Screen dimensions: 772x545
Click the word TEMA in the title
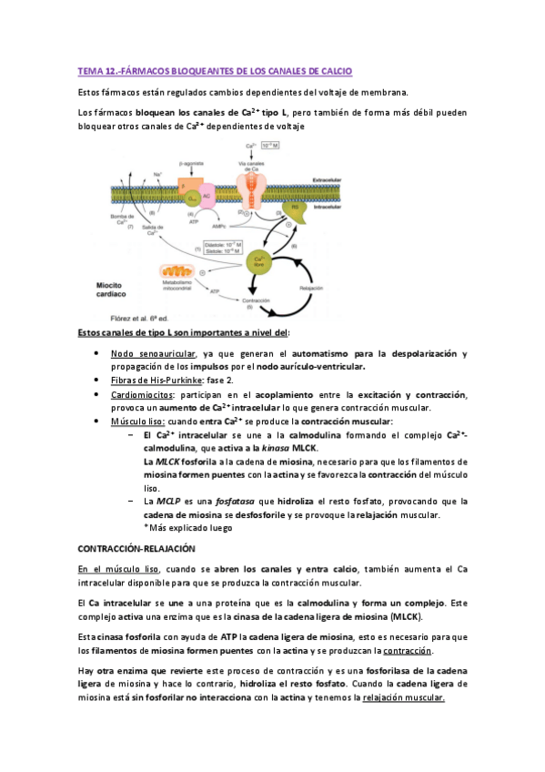click(x=90, y=70)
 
